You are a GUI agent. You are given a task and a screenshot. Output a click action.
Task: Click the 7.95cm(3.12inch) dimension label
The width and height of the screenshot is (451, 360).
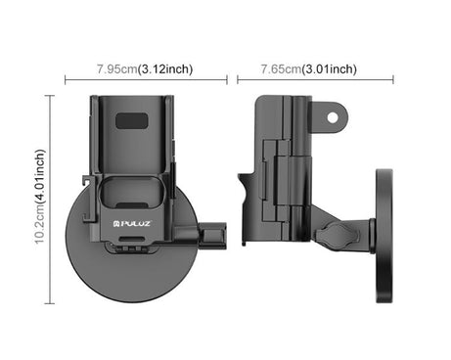point(145,68)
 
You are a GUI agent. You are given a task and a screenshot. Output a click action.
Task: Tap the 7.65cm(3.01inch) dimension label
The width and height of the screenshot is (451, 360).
point(308,68)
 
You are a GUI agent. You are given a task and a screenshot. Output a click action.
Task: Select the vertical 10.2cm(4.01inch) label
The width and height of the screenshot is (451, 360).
point(40,197)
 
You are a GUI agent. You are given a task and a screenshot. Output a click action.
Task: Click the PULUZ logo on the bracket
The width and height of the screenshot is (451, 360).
point(132,224)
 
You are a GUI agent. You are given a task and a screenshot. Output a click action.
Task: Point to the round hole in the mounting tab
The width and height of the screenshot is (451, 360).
point(333,117)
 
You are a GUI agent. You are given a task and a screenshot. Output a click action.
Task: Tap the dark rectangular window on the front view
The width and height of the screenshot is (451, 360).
point(132,120)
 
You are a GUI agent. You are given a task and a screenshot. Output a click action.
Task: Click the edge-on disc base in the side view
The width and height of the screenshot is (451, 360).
point(383,236)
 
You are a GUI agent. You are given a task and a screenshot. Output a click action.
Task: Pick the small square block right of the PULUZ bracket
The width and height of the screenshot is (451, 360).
point(213,235)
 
